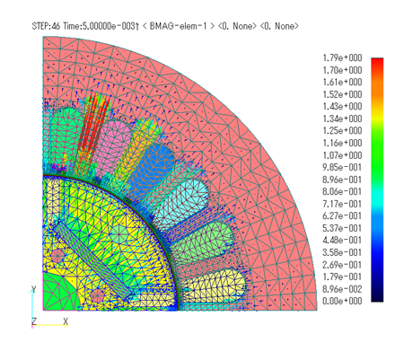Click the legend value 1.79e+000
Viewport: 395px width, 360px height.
pos(342,57)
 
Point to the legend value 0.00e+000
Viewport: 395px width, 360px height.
pos(342,301)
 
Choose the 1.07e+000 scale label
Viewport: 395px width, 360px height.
pos(342,155)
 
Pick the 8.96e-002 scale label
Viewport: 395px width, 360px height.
pos(342,289)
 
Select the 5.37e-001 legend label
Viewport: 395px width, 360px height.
pos(342,228)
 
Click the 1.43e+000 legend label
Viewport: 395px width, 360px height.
pos(342,107)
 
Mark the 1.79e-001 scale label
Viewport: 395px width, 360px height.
pos(342,277)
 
